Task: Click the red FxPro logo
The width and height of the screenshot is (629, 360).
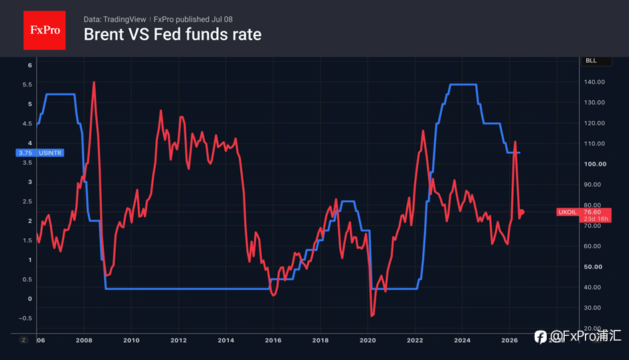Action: point(45,30)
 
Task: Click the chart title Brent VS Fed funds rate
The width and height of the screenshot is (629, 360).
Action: point(173,35)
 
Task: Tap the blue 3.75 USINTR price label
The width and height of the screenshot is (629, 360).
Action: point(39,153)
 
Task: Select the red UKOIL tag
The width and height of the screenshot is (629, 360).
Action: point(567,212)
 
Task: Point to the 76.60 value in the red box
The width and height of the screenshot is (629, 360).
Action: point(592,212)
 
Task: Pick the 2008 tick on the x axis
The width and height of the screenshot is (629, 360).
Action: point(84,341)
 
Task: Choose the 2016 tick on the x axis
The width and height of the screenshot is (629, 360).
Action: point(273,341)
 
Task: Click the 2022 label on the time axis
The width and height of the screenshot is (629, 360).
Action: point(415,341)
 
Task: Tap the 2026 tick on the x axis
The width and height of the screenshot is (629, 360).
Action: point(509,341)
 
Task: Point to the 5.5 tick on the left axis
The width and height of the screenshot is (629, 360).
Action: point(27,85)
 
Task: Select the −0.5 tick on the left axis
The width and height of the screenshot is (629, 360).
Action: point(25,319)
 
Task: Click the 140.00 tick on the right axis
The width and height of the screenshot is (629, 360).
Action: point(594,82)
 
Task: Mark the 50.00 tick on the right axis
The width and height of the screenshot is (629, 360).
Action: point(593,267)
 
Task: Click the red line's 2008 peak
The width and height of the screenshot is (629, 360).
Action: point(94,82)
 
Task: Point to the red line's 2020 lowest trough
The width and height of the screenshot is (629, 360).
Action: point(372,316)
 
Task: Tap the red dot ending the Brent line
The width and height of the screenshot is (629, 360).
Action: point(521,212)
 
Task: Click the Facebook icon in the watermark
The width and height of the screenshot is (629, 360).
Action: point(541,337)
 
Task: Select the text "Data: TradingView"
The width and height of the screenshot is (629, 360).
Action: point(114,19)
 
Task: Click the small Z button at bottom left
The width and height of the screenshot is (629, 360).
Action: point(23,341)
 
